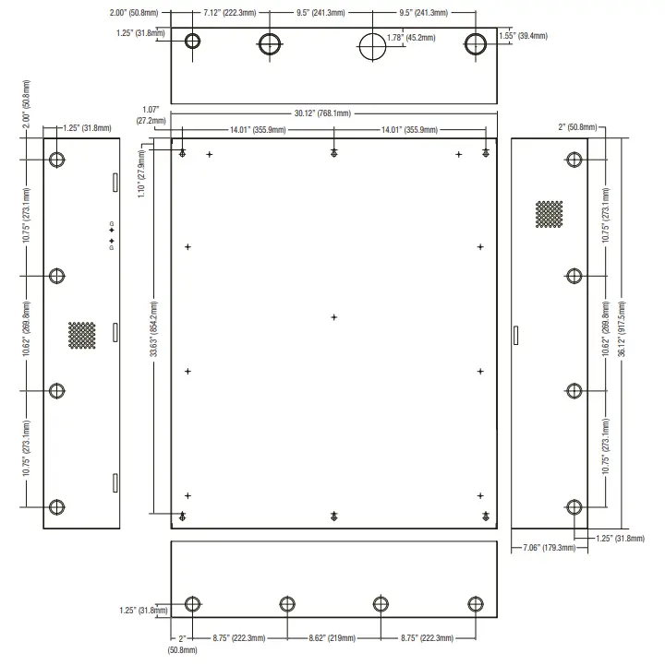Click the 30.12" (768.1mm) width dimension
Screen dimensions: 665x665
pos(322,113)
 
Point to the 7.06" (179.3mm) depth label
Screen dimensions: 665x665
pos(544,548)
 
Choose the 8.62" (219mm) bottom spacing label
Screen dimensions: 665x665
pos(332,637)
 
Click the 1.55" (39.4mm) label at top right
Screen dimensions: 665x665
pos(524,35)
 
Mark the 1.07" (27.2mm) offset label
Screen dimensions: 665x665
pos(151,115)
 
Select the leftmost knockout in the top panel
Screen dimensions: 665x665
pos(194,42)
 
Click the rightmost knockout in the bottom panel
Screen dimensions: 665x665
pos(476,604)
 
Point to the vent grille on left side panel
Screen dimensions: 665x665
pos(81,335)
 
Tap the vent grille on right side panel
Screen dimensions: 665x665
pos(549,215)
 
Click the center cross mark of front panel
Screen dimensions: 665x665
pos(334,317)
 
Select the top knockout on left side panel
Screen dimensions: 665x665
pos(57,160)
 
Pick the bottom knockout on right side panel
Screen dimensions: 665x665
pos(574,506)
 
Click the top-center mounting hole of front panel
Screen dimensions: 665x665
pos(333,152)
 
